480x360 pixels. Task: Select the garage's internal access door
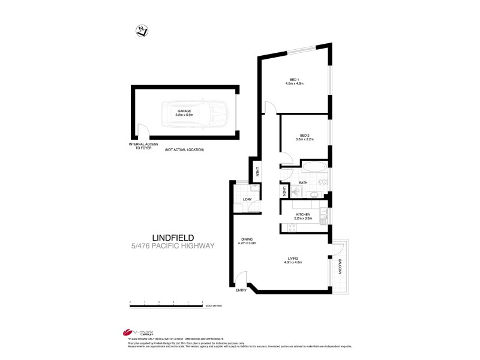(143, 131)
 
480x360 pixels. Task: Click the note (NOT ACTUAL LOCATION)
(184, 149)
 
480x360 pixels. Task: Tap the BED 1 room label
(294, 80)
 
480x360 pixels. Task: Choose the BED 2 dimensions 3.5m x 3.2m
(305, 139)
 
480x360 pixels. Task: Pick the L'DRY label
(247, 200)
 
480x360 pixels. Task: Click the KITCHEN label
(302, 214)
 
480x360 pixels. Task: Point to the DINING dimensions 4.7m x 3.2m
(247, 243)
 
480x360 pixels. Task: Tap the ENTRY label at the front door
(241, 291)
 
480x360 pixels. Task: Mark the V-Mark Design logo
(135, 332)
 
